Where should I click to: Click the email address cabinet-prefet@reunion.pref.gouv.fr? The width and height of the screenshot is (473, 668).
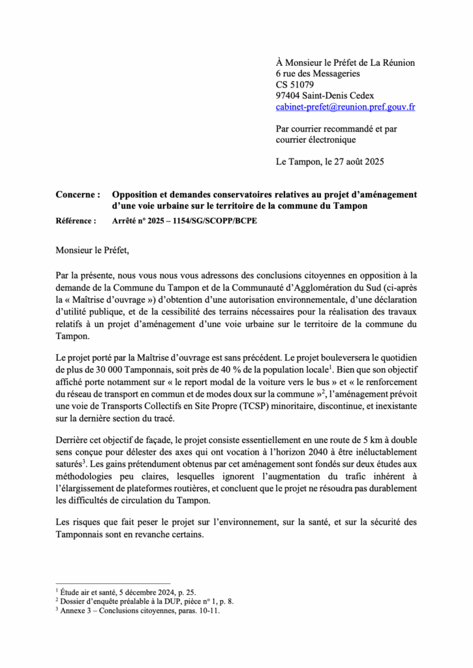(346, 106)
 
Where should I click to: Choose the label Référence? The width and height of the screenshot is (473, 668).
(76, 221)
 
